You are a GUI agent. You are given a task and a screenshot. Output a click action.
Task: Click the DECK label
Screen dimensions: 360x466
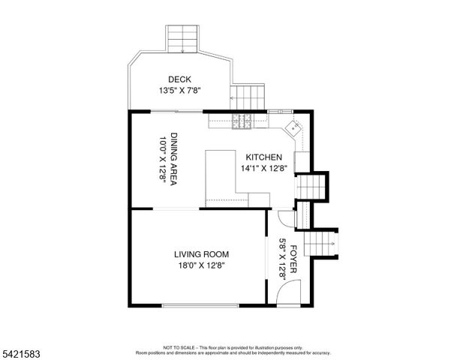179,79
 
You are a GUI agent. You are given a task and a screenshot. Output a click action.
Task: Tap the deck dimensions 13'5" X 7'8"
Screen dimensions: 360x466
179,90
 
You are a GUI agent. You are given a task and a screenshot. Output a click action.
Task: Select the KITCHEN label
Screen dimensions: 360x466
262,157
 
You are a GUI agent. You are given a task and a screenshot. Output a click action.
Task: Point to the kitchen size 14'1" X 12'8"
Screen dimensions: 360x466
262,169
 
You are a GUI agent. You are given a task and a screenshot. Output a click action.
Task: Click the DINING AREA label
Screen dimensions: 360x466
173,157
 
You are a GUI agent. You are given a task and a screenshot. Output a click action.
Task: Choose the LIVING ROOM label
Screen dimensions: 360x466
202,254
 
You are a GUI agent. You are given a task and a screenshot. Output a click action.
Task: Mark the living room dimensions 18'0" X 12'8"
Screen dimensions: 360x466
202,265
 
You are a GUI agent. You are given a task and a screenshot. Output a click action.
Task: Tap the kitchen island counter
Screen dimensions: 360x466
221,176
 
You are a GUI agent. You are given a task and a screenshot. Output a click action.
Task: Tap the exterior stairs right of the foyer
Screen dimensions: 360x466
324,241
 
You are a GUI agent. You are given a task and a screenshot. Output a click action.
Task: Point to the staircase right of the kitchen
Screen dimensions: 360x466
310,184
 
